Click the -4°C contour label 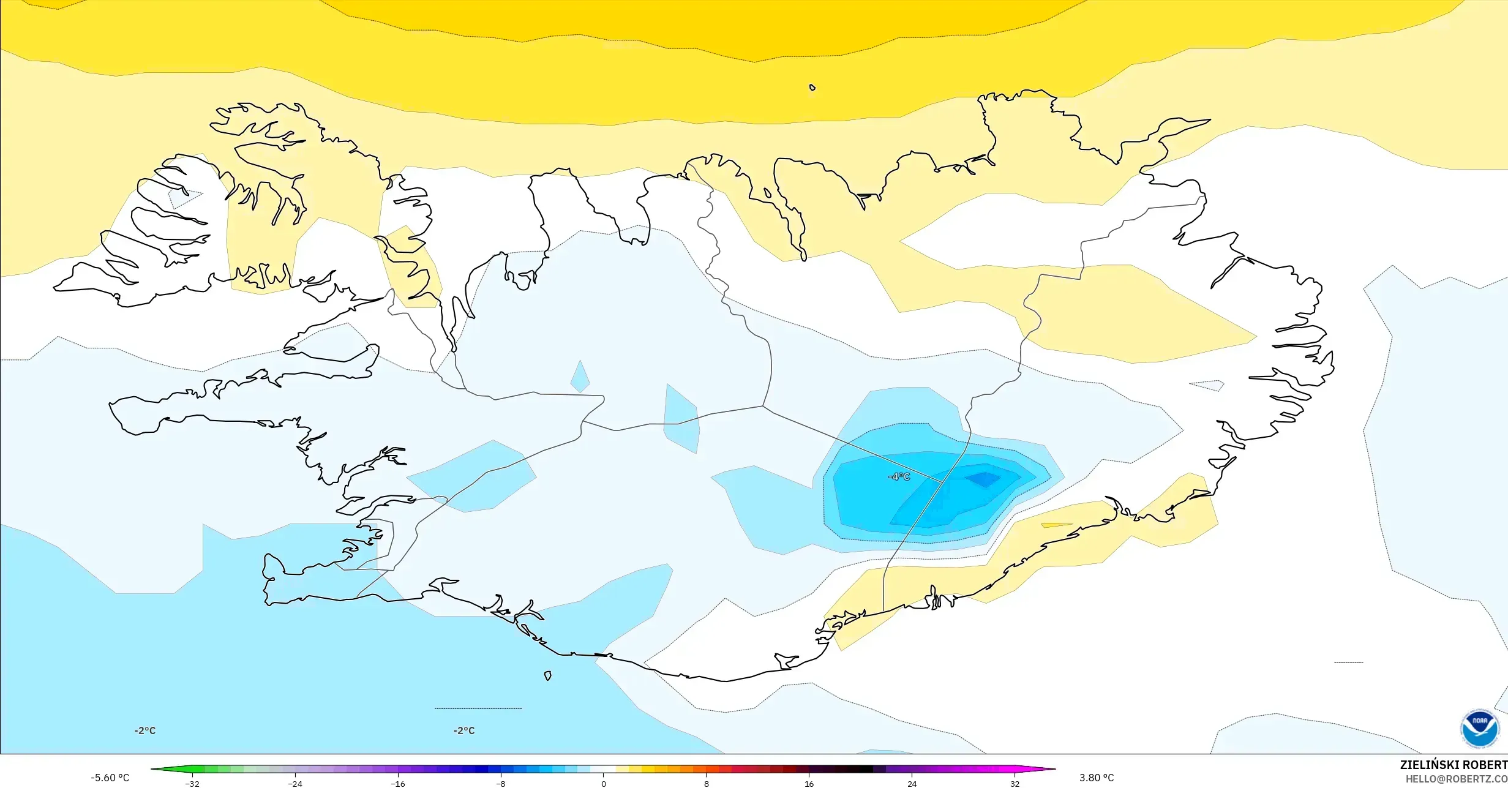[x=899, y=477]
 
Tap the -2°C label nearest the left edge [x=145, y=730]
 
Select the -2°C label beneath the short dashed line [x=464, y=730]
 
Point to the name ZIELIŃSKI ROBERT [x=1454, y=765]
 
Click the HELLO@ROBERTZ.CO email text [x=1456, y=779]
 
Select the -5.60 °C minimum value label [x=110, y=778]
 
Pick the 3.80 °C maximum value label [x=1097, y=778]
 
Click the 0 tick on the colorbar [x=604, y=784]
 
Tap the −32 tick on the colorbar [x=192, y=784]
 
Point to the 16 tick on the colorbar [x=809, y=784]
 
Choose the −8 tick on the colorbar [x=501, y=784]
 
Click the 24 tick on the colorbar [x=912, y=784]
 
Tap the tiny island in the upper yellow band [x=812, y=88]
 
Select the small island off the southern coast [x=548, y=676]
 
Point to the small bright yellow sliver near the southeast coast [x=1056, y=525]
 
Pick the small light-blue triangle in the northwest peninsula [x=182, y=197]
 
